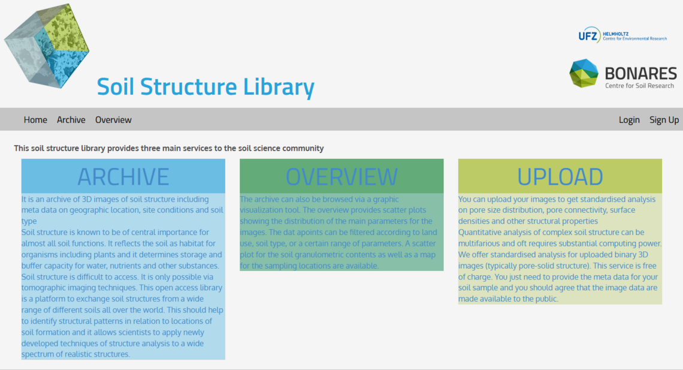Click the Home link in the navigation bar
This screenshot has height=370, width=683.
35,120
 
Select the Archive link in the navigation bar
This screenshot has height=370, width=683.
71,120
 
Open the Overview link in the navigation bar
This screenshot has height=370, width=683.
113,120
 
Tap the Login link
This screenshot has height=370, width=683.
629,121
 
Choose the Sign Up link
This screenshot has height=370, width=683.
664,121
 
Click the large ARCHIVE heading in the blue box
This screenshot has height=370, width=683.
123,177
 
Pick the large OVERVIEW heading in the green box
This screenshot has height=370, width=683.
341,177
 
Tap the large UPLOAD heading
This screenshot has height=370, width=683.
560,177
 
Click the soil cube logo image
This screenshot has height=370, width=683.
47,46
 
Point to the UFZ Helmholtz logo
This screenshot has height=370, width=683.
622,35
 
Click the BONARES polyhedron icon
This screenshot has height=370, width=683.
584,73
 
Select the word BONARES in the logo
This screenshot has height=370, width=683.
640,73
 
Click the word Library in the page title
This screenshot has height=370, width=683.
279,87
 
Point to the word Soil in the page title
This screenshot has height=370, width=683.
116,87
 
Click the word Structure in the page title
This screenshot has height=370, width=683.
189,87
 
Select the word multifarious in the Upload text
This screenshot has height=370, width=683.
480,243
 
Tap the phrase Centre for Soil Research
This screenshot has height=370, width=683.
639,86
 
